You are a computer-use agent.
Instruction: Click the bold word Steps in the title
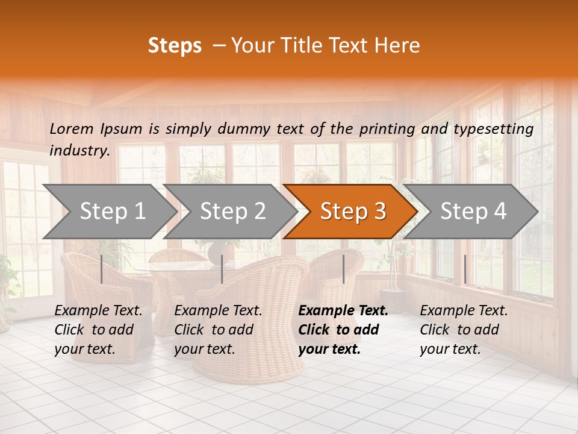[x=175, y=46]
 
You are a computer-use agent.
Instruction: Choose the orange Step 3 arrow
[x=353, y=211]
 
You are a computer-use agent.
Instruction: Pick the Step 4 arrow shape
[x=473, y=211]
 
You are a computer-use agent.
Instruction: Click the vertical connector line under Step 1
[x=102, y=269]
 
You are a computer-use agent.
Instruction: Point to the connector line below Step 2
[x=222, y=269]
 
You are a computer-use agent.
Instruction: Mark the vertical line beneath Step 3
[x=343, y=269]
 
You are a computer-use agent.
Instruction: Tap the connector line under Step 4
[x=465, y=269]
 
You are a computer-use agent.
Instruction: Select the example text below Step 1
[x=98, y=330]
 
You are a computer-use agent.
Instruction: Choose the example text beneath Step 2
[x=218, y=330]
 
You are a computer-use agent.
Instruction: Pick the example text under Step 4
[x=464, y=330]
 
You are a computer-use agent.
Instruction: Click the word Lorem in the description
[x=72, y=128]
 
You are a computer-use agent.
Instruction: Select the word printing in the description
[x=387, y=128]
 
